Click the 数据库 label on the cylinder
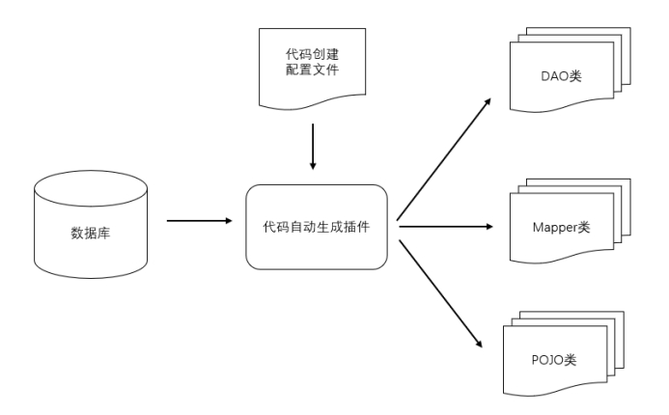tap(91, 233)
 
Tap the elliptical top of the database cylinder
tap(91, 188)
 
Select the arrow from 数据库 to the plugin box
tap(199, 220)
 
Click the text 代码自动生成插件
tap(316, 227)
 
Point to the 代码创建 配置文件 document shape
tap(313, 69)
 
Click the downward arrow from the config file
tap(313, 147)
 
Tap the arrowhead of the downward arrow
tap(313, 166)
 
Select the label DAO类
tap(561, 76)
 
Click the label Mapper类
tap(561, 228)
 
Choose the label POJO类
tap(554, 360)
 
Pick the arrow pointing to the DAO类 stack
tap(444, 159)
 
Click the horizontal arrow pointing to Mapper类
tap(446, 227)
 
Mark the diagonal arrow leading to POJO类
tap(441, 293)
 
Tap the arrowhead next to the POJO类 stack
tap(479, 344)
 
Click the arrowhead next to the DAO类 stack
tap(488, 102)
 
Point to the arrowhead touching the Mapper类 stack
tap(489, 227)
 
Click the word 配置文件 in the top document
tap(313, 69)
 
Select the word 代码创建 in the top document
tap(313, 54)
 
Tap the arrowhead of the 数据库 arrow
tap(228, 220)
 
